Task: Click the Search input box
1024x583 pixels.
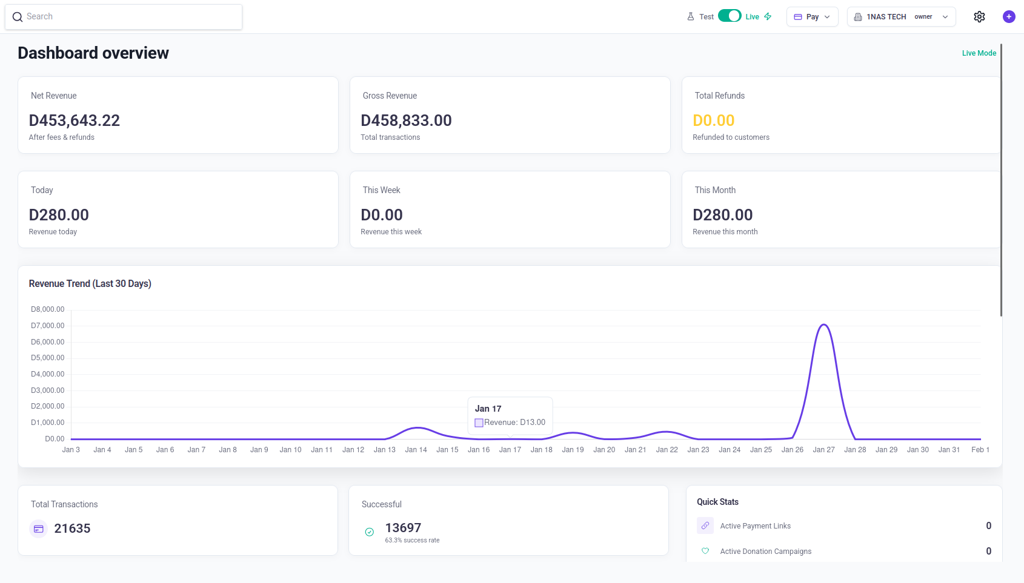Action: (124, 17)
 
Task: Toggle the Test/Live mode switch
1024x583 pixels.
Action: (730, 16)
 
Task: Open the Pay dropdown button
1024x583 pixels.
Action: (812, 17)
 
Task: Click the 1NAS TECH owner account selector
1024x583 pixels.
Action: (901, 17)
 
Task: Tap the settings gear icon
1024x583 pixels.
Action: (979, 17)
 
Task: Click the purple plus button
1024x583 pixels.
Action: (1009, 17)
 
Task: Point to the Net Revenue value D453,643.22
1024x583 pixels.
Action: (75, 120)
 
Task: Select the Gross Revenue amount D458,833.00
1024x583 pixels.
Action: (406, 120)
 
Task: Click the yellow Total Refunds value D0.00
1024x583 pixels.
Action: (713, 120)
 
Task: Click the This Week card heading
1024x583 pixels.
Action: (381, 190)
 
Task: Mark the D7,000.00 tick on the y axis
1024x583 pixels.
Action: (48, 326)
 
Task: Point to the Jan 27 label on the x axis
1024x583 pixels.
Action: (823, 450)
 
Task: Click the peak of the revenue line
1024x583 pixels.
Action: (824, 325)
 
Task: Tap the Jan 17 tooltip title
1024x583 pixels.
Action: (488, 409)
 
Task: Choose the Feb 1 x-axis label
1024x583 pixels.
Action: (980, 450)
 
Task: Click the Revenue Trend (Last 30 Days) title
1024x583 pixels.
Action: (90, 284)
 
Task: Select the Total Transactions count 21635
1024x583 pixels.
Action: (72, 529)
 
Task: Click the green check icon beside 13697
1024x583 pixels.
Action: (370, 532)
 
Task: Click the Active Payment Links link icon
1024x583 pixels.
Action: (705, 525)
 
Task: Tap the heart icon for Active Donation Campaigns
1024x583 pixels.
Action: (705, 551)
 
